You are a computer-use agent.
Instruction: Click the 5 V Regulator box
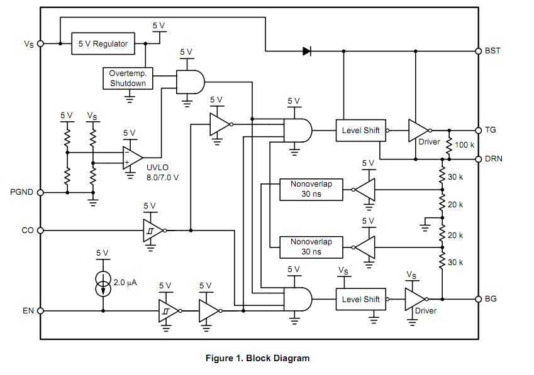pyautogui.click(x=103, y=43)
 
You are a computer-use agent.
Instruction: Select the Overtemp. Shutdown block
pyautogui.click(x=128, y=79)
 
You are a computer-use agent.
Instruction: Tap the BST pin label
pyautogui.click(x=492, y=50)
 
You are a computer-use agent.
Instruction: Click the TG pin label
pyautogui.click(x=491, y=130)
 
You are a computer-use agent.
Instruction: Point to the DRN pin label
pyautogui.click(x=493, y=159)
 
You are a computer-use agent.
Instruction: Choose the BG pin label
pyautogui.click(x=491, y=298)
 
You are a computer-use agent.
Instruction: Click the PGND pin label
pyautogui.click(x=21, y=192)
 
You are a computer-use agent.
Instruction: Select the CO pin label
pyautogui.click(x=28, y=231)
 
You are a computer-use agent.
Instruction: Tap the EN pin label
pyautogui.click(x=28, y=310)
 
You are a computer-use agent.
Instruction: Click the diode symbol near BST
pyautogui.click(x=307, y=51)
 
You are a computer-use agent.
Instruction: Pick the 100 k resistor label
pyautogui.click(x=464, y=145)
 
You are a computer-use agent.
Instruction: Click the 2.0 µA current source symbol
pyautogui.click(x=103, y=284)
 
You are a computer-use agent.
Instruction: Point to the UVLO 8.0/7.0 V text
pyautogui.click(x=162, y=173)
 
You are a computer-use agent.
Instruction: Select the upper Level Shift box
pyautogui.click(x=360, y=131)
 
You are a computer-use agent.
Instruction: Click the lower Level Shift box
pyautogui.click(x=360, y=299)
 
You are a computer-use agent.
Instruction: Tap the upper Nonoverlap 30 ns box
pyautogui.click(x=311, y=190)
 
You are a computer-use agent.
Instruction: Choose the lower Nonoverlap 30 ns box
pyautogui.click(x=311, y=246)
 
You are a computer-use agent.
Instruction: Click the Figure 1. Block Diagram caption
pyautogui.click(x=257, y=358)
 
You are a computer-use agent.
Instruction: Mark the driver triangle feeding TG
pyautogui.click(x=418, y=130)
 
